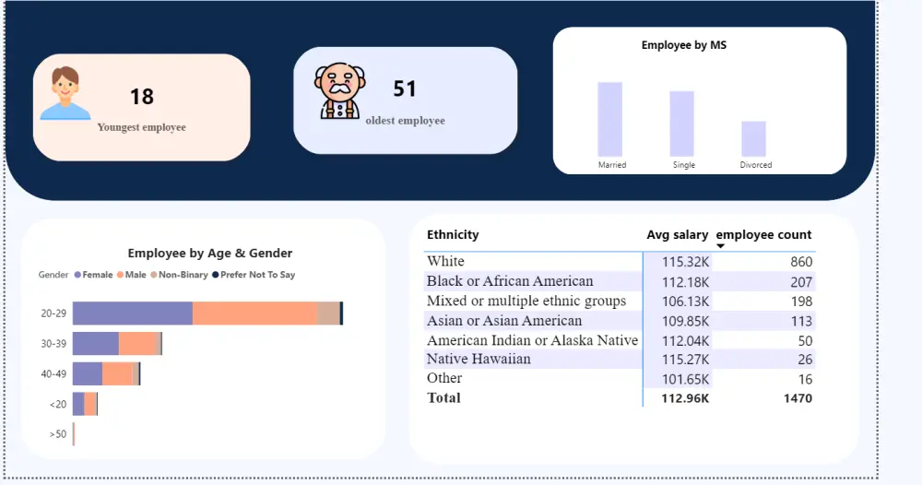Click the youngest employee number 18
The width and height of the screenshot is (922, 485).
(x=141, y=97)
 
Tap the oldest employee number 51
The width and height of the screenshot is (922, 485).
(x=405, y=89)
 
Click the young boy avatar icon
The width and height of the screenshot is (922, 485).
(x=65, y=93)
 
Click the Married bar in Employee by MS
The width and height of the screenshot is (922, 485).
(x=609, y=119)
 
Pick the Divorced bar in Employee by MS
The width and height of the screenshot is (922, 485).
(x=753, y=139)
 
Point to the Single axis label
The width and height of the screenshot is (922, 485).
(x=683, y=165)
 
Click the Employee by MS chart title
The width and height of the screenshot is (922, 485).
(x=683, y=45)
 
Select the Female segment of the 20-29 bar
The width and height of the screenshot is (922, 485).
(x=132, y=313)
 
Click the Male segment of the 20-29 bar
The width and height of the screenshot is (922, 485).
(x=254, y=313)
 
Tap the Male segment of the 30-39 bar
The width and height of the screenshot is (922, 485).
(x=139, y=344)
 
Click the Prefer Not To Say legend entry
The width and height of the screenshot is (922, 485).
(x=254, y=275)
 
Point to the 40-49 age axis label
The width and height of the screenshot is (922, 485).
(x=53, y=374)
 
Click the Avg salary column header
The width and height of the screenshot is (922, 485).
(x=677, y=235)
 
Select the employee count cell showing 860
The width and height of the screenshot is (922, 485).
(x=801, y=262)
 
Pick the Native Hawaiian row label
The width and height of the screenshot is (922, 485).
(x=479, y=359)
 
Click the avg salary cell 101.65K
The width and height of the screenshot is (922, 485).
(x=685, y=379)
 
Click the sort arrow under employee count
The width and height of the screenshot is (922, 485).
(x=721, y=246)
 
